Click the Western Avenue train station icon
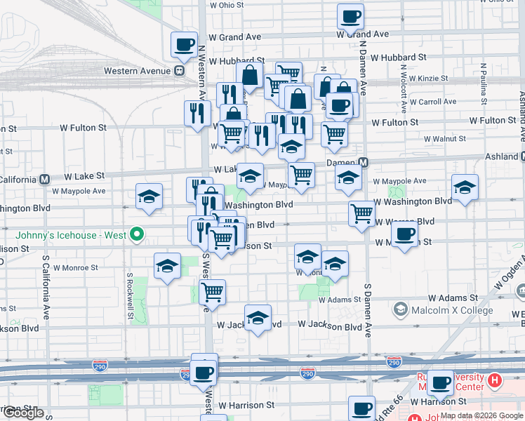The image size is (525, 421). (x=180, y=70)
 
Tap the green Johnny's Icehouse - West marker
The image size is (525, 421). (x=138, y=234)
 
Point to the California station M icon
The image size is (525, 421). (x=45, y=179)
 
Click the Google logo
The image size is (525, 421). (x=22, y=413)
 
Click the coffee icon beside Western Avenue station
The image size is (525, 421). (x=185, y=44)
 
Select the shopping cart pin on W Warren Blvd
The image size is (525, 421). (x=362, y=213)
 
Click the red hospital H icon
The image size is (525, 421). (x=495, y=381)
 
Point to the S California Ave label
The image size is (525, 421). (x=46, y=287)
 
